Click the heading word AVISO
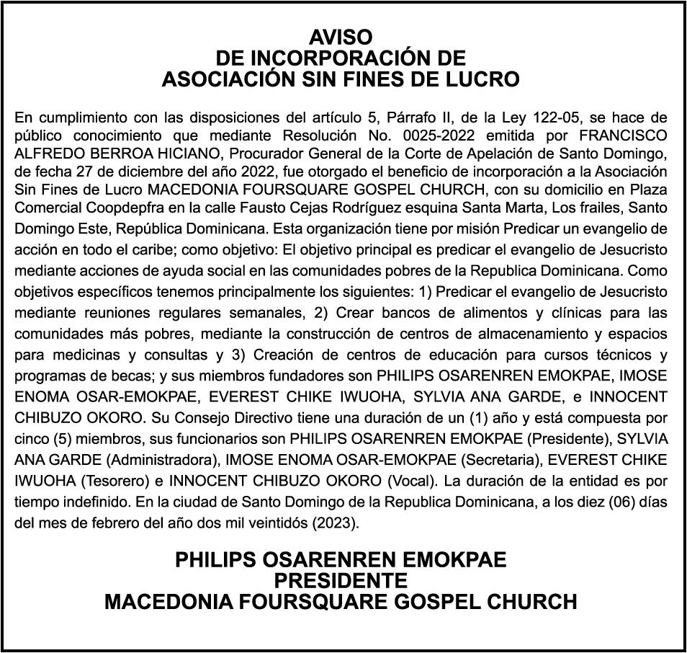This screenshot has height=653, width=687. pyautogui.click(x=341, y=37)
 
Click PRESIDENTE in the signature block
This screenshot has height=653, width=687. pyautogui.click(x=341, y=580)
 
